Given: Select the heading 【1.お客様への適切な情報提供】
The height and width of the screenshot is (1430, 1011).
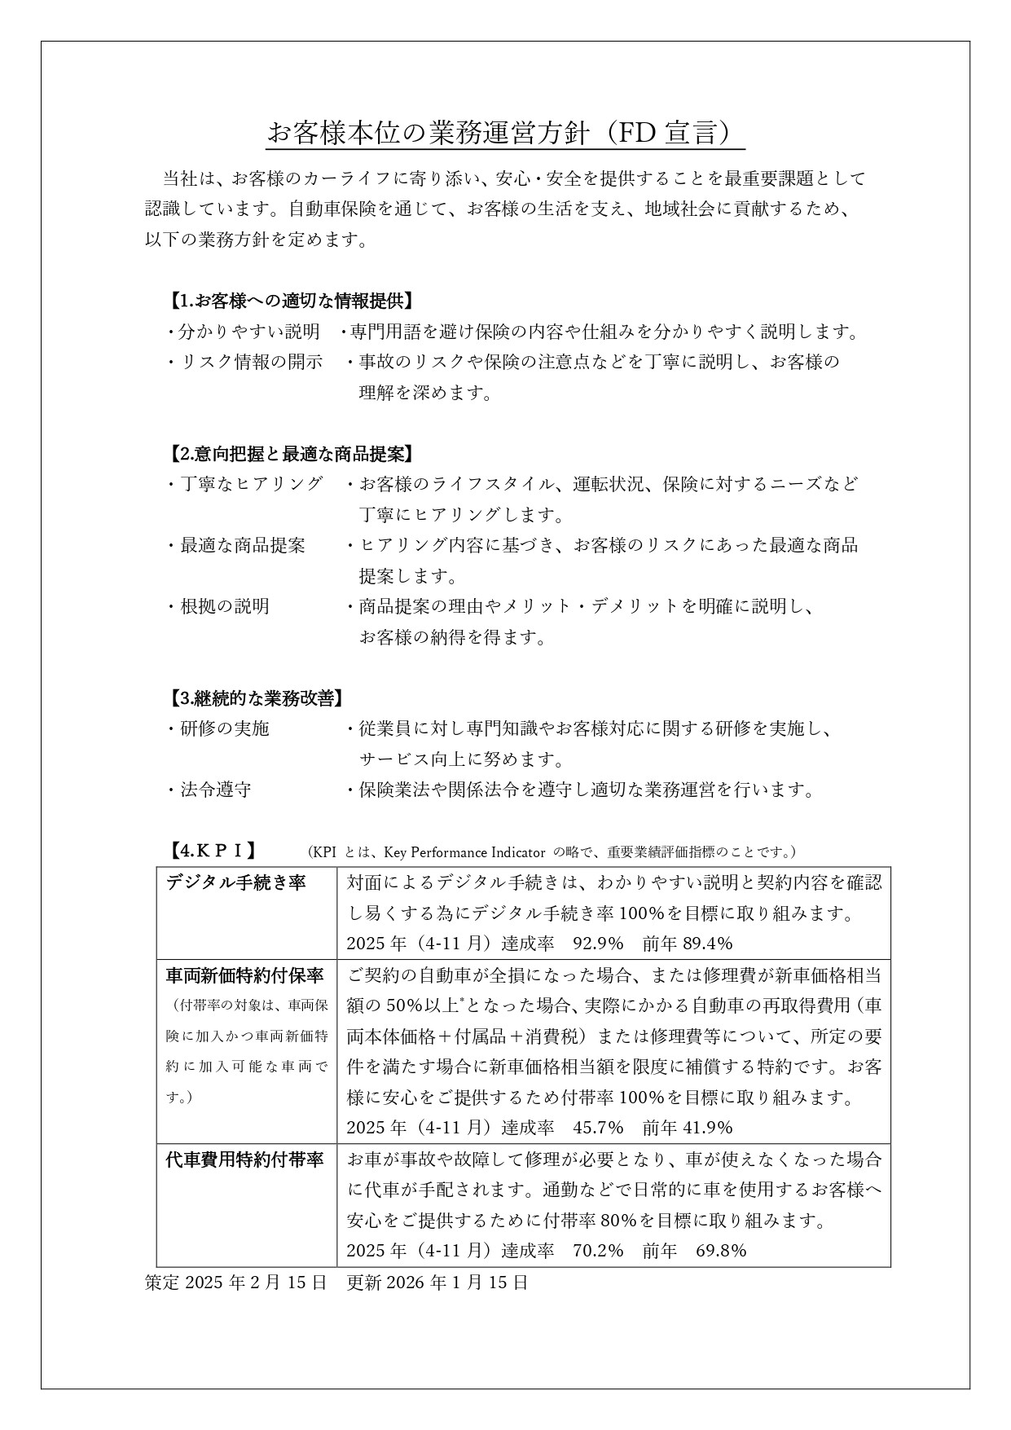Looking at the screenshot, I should click(x=291, y=301).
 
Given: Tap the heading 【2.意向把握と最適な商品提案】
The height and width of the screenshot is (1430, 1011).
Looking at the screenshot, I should click(x=291, y=454).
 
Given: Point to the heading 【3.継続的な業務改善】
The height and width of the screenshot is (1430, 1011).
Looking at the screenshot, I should click(x=255, y=698).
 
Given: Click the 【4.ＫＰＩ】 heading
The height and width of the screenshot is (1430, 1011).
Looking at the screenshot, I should click(x=213, y=851).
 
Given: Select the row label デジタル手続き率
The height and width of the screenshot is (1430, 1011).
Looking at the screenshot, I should click(x=235, y=882).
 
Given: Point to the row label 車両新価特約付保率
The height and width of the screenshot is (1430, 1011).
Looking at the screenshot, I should click(x=244, y=975).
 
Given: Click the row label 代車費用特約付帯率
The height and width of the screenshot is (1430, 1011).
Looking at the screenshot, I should click(x=244, y=1159).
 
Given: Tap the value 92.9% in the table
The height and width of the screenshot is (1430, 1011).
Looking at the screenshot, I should click(x=598, y=944).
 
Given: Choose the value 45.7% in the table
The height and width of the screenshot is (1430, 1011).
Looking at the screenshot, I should click(x=598, y=1128).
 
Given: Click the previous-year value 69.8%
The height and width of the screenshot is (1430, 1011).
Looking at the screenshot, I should click(x=721, y=1251).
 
